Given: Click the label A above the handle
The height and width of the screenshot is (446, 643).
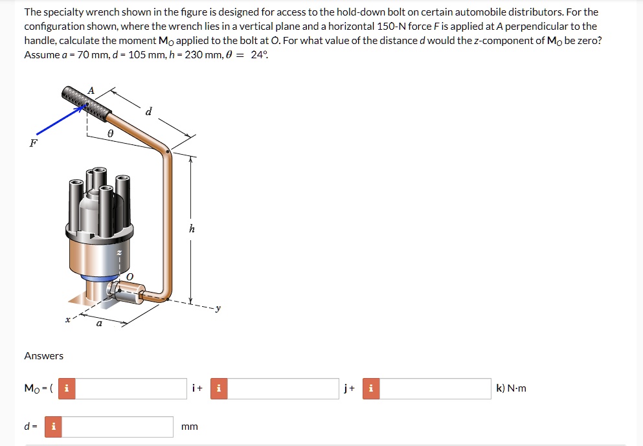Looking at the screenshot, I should pos(91,91).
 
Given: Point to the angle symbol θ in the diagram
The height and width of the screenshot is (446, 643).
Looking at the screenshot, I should pos(110,133).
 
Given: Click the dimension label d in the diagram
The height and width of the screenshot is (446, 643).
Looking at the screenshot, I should pos(149,111).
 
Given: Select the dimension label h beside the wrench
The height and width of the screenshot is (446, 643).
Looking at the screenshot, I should pos(191,229).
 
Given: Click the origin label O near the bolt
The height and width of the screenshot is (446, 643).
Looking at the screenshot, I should pos(129,277).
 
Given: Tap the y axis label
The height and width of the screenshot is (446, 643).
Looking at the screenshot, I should pos(218,309).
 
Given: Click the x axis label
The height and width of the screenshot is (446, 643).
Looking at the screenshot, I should pos(67,318).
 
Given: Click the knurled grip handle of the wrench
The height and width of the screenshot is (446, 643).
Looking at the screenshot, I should pos(84,102).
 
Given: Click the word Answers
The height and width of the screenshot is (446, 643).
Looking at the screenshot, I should pos(44,355).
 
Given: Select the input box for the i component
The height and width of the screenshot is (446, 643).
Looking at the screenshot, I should pos(133,388).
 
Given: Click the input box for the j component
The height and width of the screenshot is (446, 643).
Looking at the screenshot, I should pos(283,388).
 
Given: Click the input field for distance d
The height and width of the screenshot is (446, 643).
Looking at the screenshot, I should pos(117,427).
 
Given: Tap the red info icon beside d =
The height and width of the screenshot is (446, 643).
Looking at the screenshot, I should pos(53,427).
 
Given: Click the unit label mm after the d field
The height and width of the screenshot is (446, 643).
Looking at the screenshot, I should pos(190,427).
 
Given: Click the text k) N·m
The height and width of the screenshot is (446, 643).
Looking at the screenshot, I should pos(511,388).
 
